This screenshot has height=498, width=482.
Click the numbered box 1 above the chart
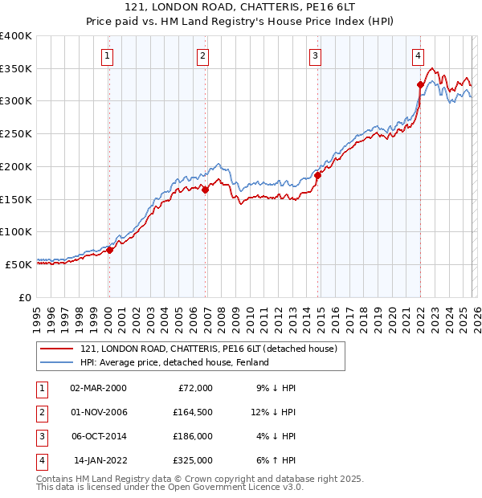(x=107, y=56)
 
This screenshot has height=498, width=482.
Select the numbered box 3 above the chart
(x=315, y=56)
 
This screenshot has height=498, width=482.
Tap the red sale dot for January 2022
(x=420, y=84)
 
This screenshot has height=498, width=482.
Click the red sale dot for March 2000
(x=110, y=250)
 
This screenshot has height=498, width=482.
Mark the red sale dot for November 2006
(x=206, y=190)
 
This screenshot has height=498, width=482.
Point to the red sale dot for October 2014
(x=318, y=175)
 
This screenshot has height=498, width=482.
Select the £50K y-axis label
(x=18, y=263)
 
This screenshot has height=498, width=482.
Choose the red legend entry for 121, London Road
(x=213, y=349)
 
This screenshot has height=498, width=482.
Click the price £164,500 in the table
(x=192, y=412)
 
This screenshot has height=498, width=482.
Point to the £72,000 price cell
(x=194, y=387)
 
